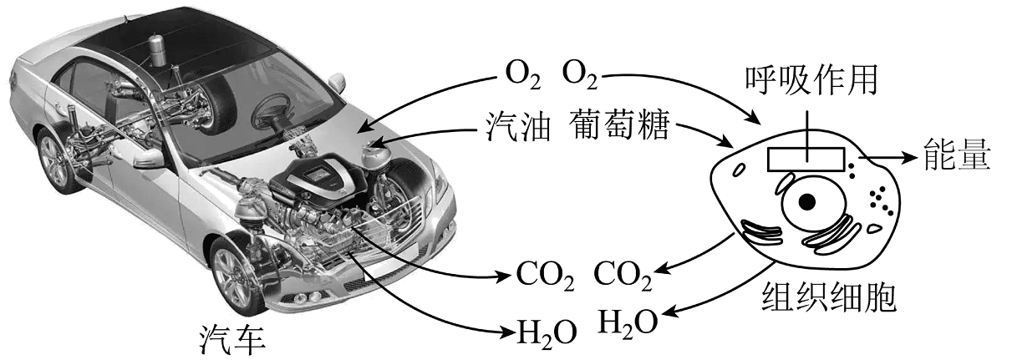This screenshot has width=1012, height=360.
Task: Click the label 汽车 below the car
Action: coord(232,337)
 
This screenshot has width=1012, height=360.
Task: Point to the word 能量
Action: coord(958,155)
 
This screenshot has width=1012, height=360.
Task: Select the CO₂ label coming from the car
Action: coord(545,273)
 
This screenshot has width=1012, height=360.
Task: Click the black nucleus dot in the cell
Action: coord(806,202)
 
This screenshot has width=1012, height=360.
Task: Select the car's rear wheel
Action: coord(54,160)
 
